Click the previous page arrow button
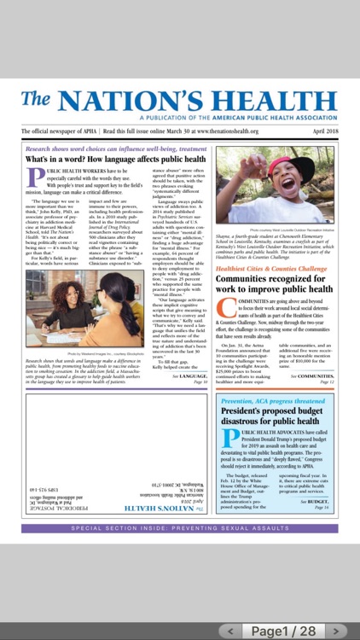229,631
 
